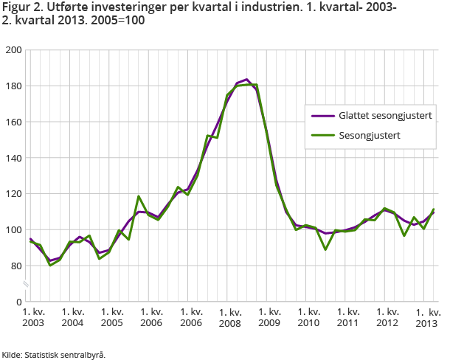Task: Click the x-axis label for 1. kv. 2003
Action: [33, 317]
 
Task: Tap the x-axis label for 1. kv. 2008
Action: [230, 317]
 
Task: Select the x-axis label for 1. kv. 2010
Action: [308, 317]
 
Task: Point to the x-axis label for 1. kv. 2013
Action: [427, 317]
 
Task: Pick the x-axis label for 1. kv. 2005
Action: [111, 317]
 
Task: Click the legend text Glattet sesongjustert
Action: [385, 115]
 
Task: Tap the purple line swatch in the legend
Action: [322, 115]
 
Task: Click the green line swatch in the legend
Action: [322, 135]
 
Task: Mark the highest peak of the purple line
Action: [246, 79]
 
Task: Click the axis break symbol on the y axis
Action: [26, 284]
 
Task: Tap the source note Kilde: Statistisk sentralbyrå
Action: [53, 354]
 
